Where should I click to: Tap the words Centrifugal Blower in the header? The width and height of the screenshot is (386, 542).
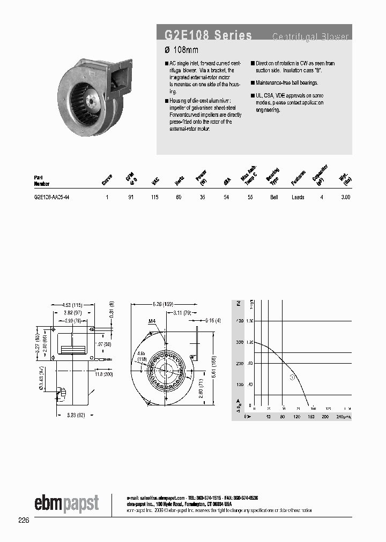tap(310, 37)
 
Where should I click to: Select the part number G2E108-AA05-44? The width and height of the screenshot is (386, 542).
tap(51, 197)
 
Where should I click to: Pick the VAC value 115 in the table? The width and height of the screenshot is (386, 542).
tap(155, 197)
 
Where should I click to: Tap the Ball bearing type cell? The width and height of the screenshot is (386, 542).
tap(274, 197)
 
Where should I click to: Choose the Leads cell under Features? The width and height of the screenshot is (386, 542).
tap(298, 197)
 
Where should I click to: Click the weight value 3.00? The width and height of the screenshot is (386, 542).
tap(345, 197)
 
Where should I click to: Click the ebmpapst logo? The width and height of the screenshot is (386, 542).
tap(66, 503)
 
